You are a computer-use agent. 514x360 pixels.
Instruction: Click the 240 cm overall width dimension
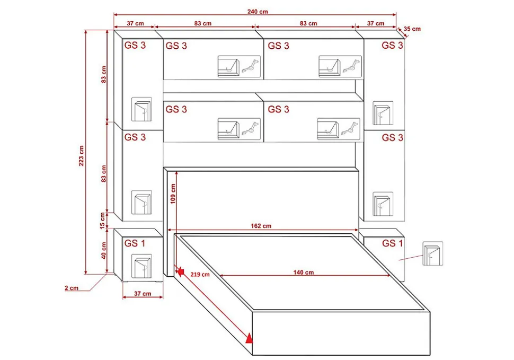(258, 12)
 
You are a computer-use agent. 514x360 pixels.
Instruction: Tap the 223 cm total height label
(81, 155)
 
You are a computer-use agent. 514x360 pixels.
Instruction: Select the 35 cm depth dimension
(412, 29)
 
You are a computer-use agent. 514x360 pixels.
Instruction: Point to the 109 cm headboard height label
(173, 194)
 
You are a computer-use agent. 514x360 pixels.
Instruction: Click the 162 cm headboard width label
(261, 226)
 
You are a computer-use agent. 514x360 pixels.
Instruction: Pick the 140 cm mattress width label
(303, 273)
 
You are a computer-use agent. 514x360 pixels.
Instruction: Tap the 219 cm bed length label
(200, 275)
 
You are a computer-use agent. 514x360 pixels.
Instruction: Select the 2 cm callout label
(72, 288)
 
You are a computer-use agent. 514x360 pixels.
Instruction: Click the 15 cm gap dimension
(103, 221)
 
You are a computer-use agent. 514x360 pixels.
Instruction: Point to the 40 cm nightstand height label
(104, 250)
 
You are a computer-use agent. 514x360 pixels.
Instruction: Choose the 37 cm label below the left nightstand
(143, 294)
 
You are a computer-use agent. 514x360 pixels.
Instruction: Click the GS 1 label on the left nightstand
(135, 243)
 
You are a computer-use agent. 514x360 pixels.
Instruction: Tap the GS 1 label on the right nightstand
(392, 243)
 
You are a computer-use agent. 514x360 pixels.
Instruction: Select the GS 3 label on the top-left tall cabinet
(135, 45)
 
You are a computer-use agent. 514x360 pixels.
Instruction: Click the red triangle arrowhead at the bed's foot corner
(250, 338)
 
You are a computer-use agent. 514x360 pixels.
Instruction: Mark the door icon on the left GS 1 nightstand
(141, 266)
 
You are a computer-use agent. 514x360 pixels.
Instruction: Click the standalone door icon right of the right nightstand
(433, 253)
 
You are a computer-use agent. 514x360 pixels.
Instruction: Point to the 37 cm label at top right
(376, 24)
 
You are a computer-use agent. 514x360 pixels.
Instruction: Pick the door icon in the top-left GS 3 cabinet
(141, 109)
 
